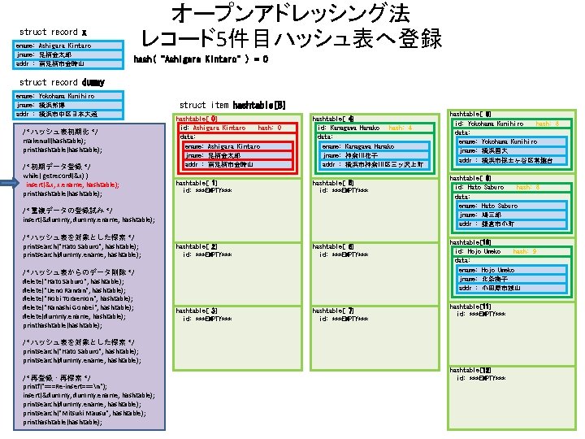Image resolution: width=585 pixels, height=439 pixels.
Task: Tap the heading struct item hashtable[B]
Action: tap(232, 105)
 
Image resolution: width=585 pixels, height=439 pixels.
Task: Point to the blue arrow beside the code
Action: tap(10, 185)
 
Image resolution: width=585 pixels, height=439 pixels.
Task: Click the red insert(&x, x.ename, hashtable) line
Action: tap(72, 185)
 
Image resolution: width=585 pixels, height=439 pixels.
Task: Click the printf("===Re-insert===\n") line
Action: tap(73, 386)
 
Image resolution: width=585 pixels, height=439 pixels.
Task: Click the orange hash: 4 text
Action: tap(401, 128)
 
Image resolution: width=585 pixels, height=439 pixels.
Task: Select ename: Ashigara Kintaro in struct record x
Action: tap(53, 46)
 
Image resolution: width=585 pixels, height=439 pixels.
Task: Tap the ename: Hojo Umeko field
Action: tap(487, 270)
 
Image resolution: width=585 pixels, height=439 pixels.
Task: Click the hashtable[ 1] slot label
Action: tap(197, 183)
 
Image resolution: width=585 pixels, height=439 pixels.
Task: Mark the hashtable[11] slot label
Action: tap(470, 306)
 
